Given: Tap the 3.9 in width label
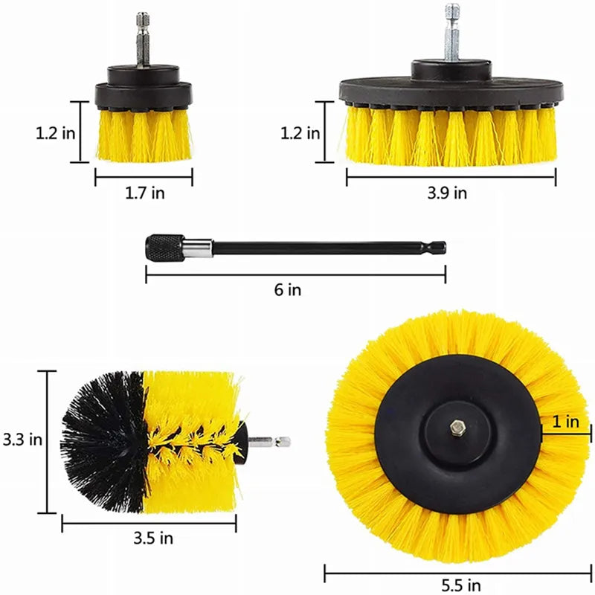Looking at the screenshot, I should click(x=449, y=193).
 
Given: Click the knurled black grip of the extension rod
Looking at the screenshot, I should click(x=164, y=247).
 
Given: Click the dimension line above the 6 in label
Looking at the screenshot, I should click(x=295, y=275).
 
